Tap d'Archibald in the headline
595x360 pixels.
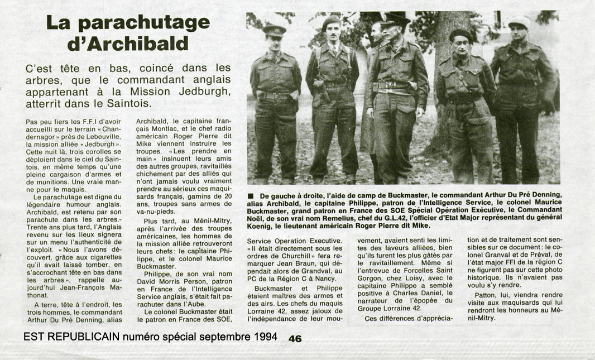pos(128,43)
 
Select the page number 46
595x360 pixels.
pos(295,338)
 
